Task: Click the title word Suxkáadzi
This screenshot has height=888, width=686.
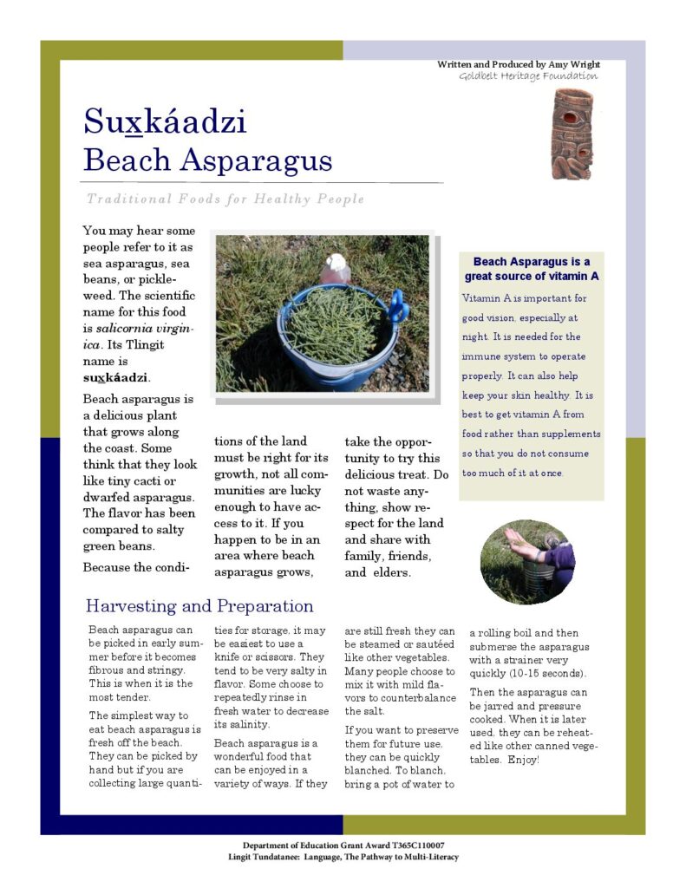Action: coord(165,121)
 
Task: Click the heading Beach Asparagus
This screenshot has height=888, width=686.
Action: coord(207,160)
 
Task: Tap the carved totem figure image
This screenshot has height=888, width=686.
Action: coord(572,134)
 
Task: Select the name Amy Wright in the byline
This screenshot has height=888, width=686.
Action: coord(574,64)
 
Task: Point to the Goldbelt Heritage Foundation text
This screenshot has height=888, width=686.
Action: coord(528,76)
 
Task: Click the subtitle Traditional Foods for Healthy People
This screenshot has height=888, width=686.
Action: coord(225,199)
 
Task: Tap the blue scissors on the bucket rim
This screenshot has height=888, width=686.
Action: coord(398,305)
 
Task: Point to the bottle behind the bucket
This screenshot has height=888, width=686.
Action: coord(336,269)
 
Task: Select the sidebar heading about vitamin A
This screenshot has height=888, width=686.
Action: coord(532,269)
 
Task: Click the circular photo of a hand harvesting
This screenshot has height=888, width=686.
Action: coord(527,562)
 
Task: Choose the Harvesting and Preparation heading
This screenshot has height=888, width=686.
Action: coord(199,606)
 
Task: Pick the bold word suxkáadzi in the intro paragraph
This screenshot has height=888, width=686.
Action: coord(117,377)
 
